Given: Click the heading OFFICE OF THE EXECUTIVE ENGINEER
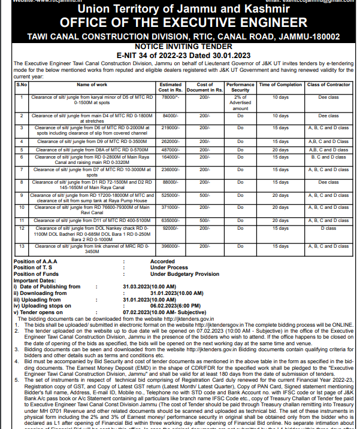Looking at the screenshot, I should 180,23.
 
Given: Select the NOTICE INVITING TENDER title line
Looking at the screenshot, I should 180,45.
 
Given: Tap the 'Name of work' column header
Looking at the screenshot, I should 92,85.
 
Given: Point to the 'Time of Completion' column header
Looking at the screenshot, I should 280,85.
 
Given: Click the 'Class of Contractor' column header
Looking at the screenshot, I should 328,85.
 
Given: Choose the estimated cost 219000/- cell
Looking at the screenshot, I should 171,127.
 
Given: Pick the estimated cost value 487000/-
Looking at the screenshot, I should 171,150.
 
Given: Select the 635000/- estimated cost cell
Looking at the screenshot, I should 171,221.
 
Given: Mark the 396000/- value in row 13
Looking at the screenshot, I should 171,246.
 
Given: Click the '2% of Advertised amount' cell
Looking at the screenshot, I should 240,102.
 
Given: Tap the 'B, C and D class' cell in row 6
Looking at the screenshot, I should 328,157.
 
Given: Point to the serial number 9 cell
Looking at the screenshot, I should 21,195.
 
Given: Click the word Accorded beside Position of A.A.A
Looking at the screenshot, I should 162,261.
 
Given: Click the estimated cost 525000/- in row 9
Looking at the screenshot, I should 171,195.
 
